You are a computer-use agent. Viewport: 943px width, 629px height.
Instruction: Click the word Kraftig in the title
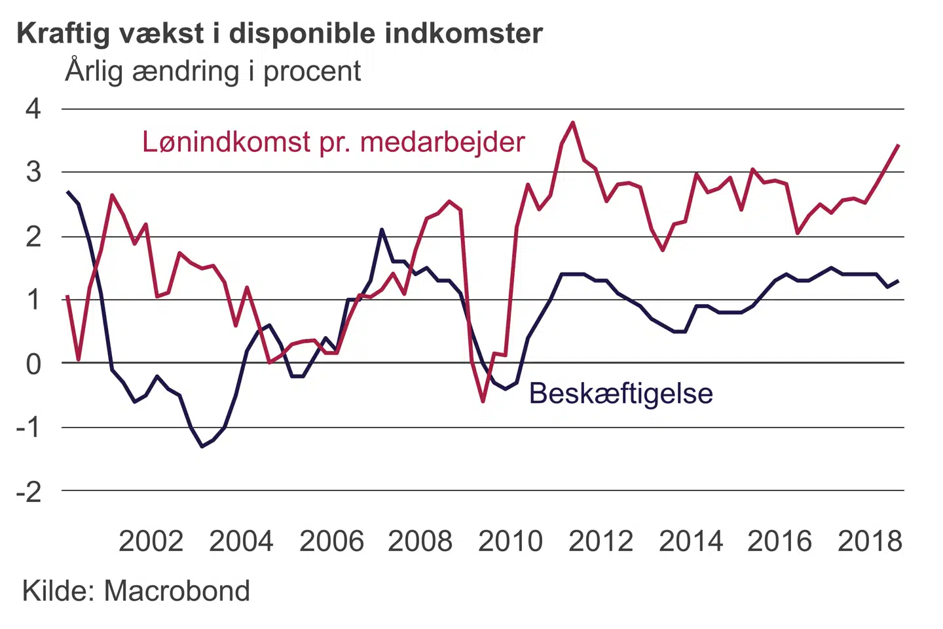[64, 34]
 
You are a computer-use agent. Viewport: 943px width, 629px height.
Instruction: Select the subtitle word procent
[312, 71]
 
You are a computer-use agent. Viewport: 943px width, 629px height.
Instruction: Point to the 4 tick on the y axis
[33, 109]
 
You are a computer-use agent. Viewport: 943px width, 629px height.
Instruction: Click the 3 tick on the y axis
[33, 172]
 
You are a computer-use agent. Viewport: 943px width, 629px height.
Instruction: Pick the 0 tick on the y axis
[33, 364]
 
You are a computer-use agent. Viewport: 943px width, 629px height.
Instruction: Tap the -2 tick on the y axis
[29, 491]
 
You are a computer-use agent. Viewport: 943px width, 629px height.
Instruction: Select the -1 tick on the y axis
[29, 427]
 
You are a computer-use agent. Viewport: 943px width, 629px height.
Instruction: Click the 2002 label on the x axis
[151, 541]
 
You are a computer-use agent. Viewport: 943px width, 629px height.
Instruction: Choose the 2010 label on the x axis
[510, 541]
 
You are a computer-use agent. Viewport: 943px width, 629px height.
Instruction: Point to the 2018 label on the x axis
[870, 541]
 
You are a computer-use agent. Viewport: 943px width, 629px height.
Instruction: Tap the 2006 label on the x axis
[331, 541]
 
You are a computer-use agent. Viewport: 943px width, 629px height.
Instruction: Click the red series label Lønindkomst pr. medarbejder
[333, 142]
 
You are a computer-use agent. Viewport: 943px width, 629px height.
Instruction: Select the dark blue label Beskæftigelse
[621, 394]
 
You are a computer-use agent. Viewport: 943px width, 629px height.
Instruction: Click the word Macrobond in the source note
[177, 591]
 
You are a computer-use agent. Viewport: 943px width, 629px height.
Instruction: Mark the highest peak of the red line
[573, 122]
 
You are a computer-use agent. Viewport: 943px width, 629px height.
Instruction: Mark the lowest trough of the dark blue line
[202, 446]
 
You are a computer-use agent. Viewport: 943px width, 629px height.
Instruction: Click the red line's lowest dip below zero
[483, 401]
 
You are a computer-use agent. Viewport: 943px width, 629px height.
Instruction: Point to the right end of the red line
[898, 145]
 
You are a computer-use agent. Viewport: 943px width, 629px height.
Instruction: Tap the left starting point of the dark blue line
[67, 191]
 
